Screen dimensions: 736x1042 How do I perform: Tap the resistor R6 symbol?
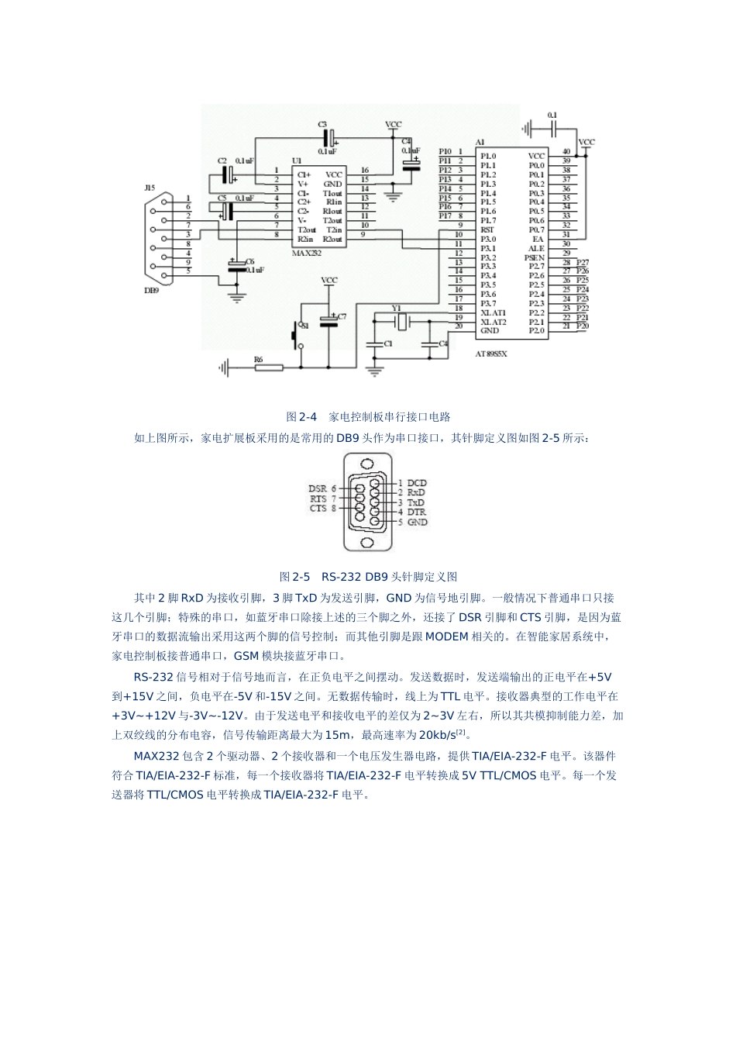click(269, 367)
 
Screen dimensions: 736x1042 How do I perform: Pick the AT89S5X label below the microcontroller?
click(491, 353)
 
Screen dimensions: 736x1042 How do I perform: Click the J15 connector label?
click(150, 188)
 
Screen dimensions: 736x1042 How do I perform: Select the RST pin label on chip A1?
click(487, 229)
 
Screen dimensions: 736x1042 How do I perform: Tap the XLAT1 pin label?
click(494, 312)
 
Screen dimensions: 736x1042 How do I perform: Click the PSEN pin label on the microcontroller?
click(535, 257)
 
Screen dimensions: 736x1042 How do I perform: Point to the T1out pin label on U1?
click(332, 193)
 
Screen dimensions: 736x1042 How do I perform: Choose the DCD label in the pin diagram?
click(417, 483)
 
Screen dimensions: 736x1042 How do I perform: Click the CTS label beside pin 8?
click(318, 509)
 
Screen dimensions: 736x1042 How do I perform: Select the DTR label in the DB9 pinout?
click(417, 512)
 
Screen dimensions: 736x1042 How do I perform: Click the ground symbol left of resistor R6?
click(225, 367)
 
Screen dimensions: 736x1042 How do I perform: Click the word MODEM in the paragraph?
click(447, 637)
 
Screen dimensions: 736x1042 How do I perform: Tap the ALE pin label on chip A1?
click(536, 248)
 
